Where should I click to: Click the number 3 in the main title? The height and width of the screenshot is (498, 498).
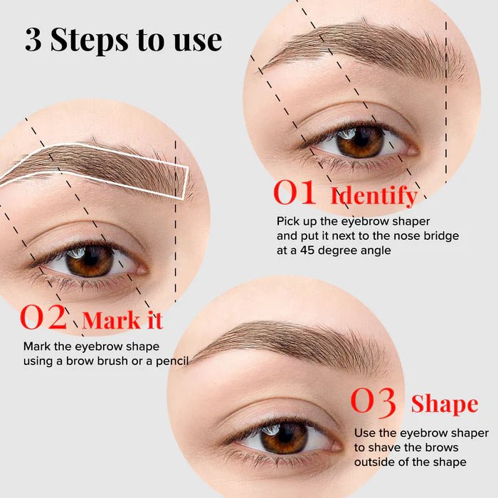coord(33,40)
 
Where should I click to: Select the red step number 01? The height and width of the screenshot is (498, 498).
coord(295,194)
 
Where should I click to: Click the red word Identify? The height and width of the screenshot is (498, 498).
coord(373,196)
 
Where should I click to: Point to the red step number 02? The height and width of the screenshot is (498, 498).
coord(43,318)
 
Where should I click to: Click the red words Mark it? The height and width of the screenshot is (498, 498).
coord(122,321)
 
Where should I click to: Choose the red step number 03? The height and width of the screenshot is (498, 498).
coord(373,403)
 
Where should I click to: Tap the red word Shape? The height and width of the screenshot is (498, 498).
coord(444,405)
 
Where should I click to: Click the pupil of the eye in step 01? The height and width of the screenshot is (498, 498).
coord(359,139)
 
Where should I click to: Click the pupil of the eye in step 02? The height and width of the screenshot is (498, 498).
coord(90,259)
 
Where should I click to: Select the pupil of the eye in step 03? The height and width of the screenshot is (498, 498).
coord(282,436)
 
